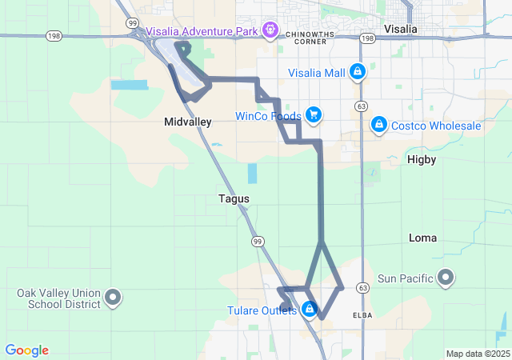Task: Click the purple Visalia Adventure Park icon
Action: coord(271,31)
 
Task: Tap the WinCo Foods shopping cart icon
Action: coord(313,115)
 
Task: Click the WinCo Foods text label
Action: coord(267,116)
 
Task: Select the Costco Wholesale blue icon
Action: coord(379,126)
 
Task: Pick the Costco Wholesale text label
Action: coord(436,126)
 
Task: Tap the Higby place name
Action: coord(422,159)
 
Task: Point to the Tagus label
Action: coord(234,198)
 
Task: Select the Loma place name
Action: coord(423,238)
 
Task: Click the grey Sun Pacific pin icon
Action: coord(446,278)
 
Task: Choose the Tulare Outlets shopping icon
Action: coord(310,309)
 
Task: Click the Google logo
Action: coord(26,350)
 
